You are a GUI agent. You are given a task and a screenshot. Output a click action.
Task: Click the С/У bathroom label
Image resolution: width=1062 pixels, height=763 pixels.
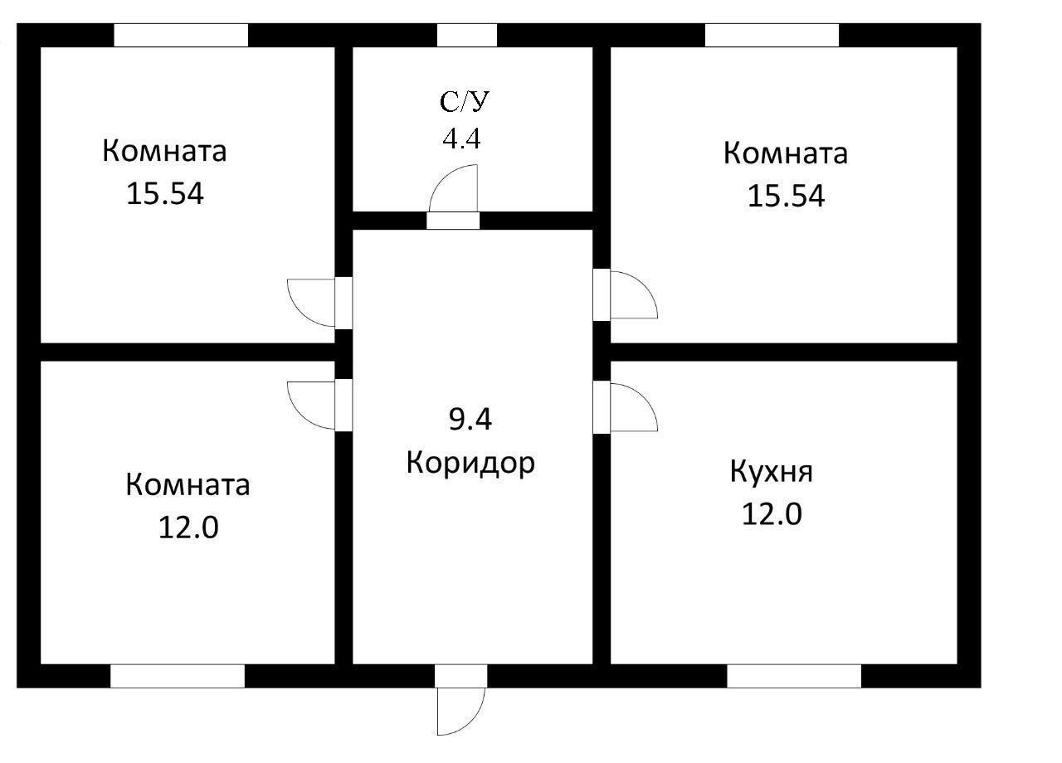tap(465, 102)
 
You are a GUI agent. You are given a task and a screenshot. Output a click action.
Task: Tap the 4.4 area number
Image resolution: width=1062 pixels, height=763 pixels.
tap(461, 139)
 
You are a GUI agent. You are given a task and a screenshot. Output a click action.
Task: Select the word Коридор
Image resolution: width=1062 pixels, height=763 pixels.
tap(470, 463)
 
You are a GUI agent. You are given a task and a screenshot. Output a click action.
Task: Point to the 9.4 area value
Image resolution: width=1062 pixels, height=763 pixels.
tap(470, 420)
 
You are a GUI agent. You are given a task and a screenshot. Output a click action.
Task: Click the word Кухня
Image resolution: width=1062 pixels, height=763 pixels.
tap(771, 472)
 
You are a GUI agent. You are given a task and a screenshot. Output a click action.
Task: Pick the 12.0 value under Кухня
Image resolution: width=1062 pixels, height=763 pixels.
tap(771, 514)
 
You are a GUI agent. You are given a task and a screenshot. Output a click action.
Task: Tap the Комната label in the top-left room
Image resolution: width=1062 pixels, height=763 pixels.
tap(164, 152)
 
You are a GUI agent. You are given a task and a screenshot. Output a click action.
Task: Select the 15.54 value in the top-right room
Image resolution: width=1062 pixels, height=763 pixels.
tap(786, 196)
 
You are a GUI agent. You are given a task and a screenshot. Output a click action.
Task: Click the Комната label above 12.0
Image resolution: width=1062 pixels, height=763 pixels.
tap(188, 484)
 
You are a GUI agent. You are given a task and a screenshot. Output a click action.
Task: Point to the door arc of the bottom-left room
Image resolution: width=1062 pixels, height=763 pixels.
tap(310, 405)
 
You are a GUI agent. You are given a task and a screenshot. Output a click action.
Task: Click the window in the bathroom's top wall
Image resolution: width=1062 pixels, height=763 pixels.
tap(466, 36)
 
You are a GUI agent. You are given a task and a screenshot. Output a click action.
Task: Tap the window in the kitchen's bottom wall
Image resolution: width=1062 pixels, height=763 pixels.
tap(794, 676)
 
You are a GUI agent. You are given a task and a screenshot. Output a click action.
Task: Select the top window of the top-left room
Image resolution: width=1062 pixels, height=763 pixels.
tap(181, 36)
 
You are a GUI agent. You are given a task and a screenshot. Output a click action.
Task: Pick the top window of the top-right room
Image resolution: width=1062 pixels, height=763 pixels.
tap(772, 36)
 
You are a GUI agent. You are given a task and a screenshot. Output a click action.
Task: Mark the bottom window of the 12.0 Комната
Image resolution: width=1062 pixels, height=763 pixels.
tap(178, 676)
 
